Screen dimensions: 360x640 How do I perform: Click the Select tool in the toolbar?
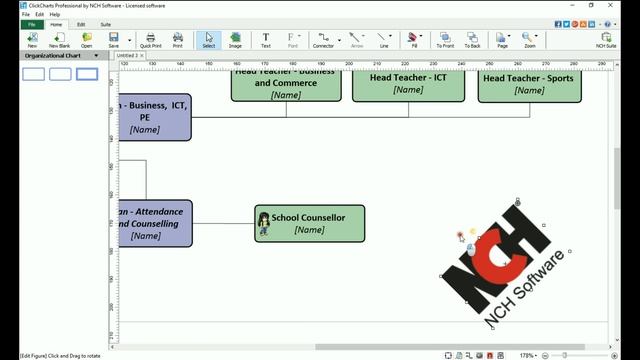208,40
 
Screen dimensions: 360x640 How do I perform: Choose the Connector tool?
323,40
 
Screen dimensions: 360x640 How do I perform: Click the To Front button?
445,40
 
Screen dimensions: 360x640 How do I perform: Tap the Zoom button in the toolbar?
529,40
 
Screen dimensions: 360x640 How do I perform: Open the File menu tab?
31,24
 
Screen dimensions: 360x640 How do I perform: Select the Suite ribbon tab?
105,24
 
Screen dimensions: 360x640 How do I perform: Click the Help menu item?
55,15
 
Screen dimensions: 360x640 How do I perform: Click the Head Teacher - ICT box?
408,84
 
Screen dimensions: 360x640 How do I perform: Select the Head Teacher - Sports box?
529,84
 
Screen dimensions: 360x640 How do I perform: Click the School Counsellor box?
309,223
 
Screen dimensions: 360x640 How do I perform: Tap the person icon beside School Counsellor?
264,224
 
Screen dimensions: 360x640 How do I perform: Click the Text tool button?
266,40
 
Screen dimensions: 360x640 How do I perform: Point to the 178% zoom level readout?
526,355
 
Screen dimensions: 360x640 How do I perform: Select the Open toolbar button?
87,40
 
